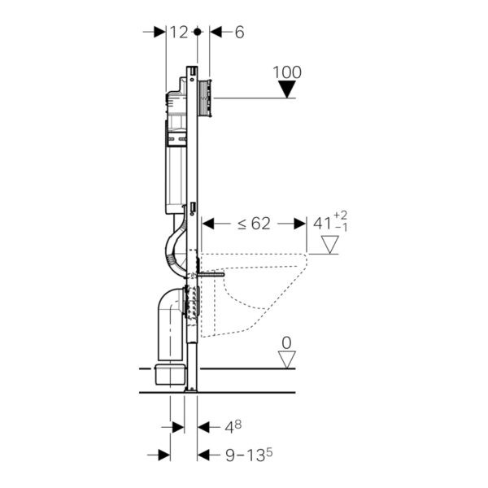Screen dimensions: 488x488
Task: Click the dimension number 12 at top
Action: [179, 32]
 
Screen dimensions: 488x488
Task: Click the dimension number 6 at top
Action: [239, 32]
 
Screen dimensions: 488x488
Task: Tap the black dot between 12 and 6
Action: [197, 32]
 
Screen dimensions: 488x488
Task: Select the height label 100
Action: [287, 72]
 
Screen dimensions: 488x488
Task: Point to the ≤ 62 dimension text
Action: [254, 223]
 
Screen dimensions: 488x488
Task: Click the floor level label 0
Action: [286, 343]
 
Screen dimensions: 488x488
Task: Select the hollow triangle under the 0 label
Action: [286, 359]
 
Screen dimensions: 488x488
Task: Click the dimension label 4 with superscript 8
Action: [233, 427]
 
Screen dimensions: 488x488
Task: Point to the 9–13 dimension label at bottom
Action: [249, 455]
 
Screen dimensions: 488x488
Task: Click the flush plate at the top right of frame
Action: [205, 98]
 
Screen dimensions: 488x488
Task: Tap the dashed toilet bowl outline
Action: [253, 295]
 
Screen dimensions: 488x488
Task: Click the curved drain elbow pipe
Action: [171, 324]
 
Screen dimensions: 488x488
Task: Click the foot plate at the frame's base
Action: [190, 390]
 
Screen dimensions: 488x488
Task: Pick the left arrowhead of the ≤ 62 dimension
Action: [208, 224]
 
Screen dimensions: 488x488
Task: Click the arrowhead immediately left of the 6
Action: [216, 32]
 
